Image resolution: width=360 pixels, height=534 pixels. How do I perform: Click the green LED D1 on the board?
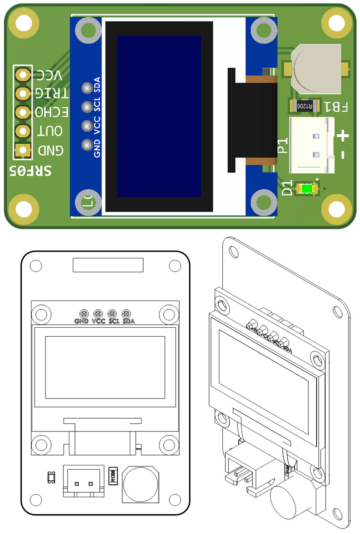(307, 188)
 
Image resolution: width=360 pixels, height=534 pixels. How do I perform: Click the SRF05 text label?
(31, 171)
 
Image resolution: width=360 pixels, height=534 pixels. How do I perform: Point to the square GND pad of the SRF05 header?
(23, 150)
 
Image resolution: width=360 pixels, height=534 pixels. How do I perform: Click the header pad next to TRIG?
(23, 93)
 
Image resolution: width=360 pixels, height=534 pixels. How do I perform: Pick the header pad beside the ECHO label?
(23, 112)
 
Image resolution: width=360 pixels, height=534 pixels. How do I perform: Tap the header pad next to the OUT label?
(23, 131)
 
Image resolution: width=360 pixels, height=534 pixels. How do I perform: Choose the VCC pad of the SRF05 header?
(23, 75)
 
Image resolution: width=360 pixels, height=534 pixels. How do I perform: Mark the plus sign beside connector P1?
(343, 137)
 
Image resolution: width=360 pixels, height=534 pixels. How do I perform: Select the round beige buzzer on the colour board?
(316, 69)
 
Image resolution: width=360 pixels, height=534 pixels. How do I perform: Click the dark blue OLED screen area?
(159, 116)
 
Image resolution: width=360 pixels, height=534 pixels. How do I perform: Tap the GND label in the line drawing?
(81, 321)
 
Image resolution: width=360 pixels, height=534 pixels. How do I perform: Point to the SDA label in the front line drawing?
(129, 321)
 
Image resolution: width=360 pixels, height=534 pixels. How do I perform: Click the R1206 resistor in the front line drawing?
(113, 475)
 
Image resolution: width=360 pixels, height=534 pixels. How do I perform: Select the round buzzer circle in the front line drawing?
(141, 484)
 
